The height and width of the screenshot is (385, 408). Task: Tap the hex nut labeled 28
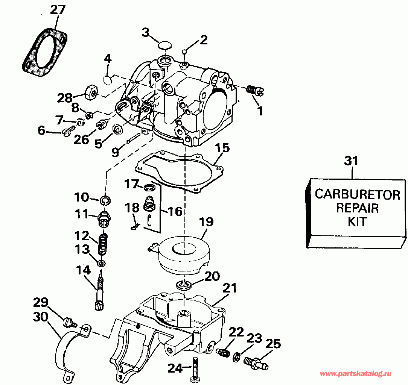[x=91, y=91]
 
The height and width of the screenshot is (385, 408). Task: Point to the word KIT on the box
[x=357, y=222]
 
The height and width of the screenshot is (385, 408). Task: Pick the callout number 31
[x=351, y=161]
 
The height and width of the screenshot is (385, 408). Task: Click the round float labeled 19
[x=183, y=255]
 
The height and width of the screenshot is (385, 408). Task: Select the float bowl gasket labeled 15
[x=179, y=173]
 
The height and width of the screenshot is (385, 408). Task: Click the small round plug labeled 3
[x=165, y=46]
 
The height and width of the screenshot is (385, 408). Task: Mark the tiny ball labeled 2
[x=184, y=52]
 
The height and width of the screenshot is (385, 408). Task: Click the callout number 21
[x=230, y=288]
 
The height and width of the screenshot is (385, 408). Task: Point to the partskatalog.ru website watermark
[x=355, y=374]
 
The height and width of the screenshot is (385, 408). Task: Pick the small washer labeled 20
[x=184, y=285]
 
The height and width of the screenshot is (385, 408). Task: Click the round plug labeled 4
[x=108, y=80]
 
